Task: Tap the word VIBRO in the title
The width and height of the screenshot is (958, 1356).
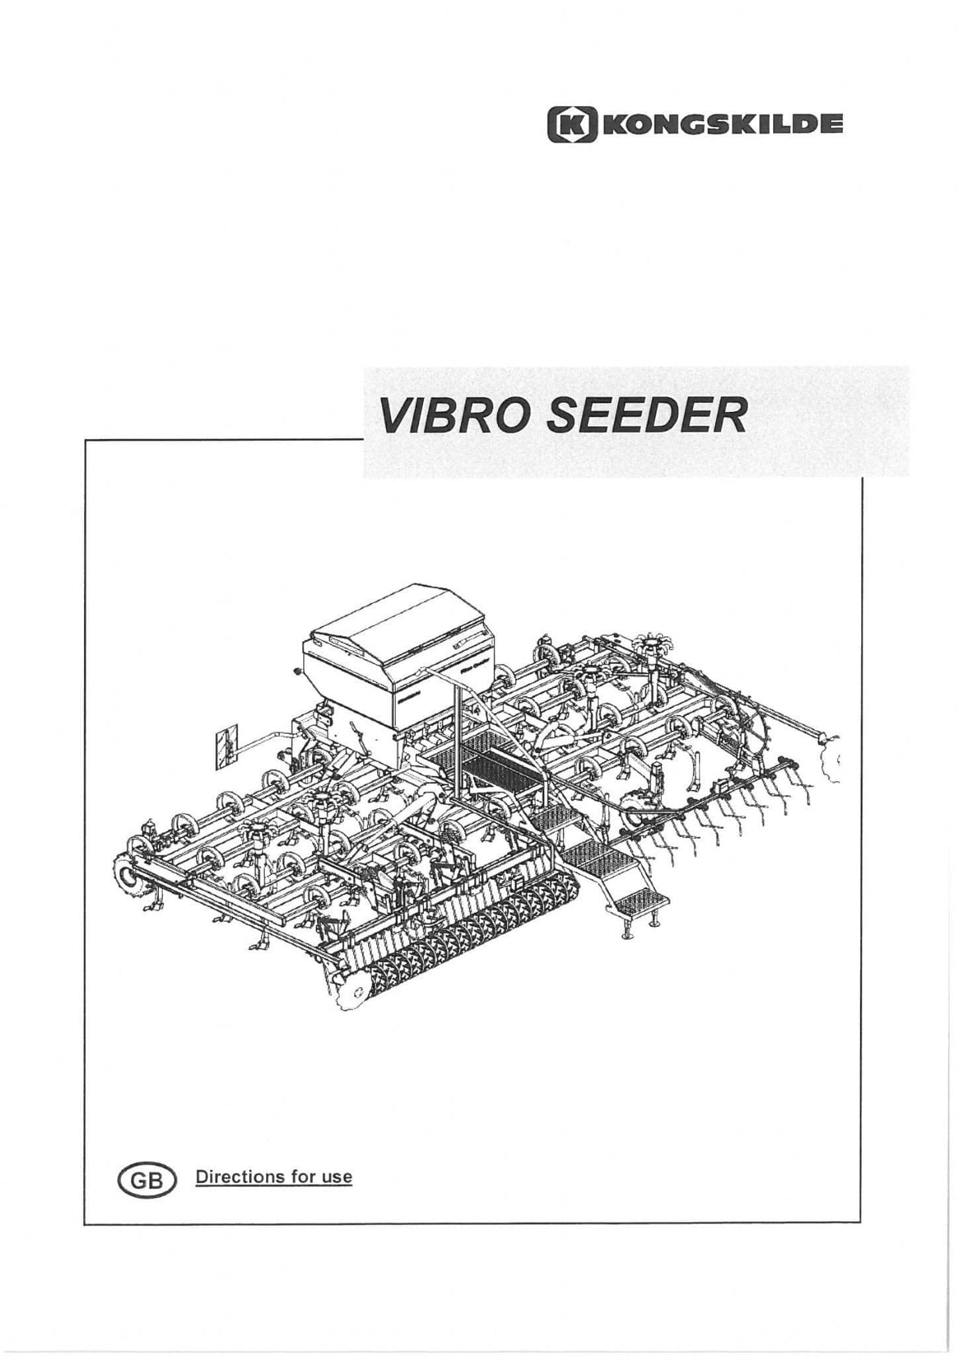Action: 453,416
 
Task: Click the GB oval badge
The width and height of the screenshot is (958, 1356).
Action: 146,1180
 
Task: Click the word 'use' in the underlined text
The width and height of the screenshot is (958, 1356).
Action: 336,1178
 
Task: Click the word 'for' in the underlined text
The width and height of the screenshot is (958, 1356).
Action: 303,1177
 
